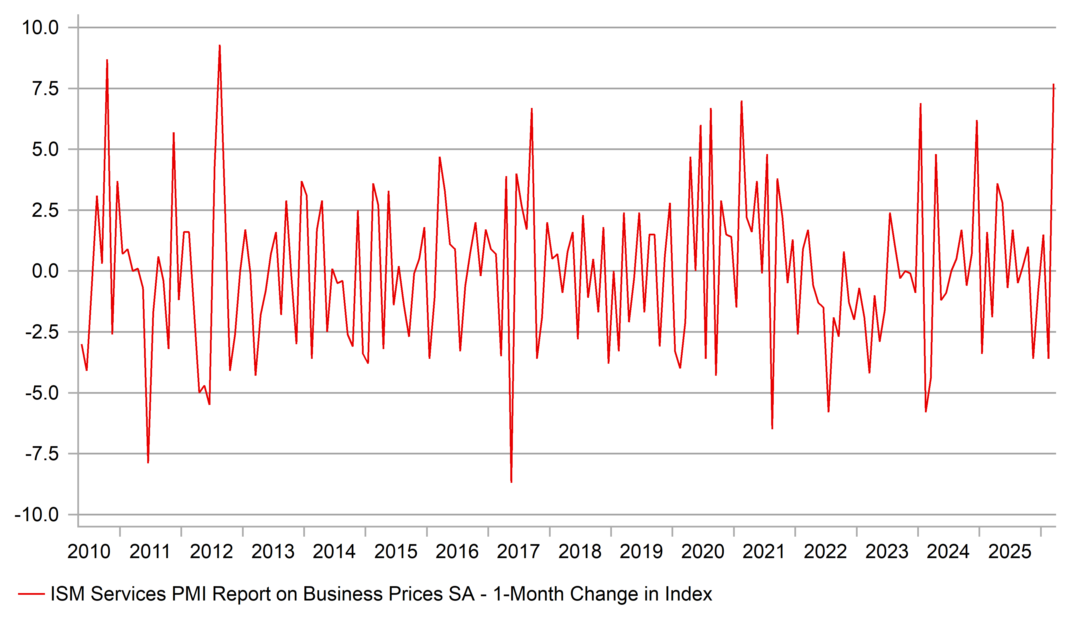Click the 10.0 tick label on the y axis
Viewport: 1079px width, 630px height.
[40, 28]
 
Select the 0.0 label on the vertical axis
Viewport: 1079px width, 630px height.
[45, 271]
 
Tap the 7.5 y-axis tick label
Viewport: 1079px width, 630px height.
[45, 89]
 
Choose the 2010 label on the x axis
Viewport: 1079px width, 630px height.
[89, 552]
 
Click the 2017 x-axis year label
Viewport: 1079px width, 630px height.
[518, 552]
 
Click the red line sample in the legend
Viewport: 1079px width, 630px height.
[31, 594]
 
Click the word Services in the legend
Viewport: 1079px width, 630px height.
[128, 594]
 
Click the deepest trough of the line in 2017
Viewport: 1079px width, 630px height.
[511, 482]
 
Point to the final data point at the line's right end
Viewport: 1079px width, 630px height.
[1053, 84]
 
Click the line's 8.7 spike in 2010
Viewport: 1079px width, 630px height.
[107, 60]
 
